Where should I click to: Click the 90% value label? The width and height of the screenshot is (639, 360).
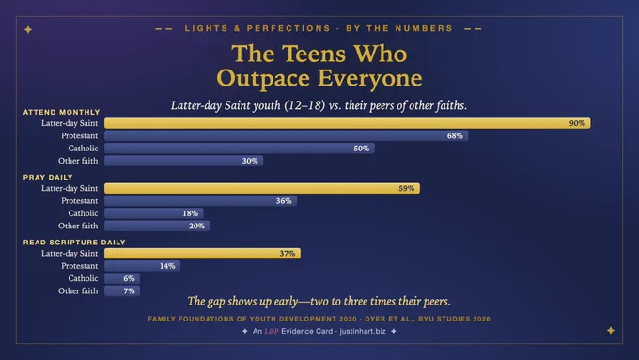[x=577, y=123]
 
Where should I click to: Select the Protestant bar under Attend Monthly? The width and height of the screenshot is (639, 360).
[x=286, y=135]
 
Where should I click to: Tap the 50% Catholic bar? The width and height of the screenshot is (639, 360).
[x=240, y=149]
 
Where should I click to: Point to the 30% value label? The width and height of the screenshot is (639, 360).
[x=250, y=161]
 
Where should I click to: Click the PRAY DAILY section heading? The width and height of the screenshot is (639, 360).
[x=48, y=178]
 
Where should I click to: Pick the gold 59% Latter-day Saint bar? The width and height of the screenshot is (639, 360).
[x=262, y=188]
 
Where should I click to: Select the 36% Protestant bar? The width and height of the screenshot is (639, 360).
[x=200, y=201]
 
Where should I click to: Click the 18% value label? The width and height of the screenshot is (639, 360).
[x=191, y=213]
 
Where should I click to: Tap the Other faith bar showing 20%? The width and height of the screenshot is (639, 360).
[x=157, y=226]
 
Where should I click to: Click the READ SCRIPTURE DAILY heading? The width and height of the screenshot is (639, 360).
[x=74, y=243]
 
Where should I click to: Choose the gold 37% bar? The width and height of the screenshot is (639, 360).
[x=203, y=254]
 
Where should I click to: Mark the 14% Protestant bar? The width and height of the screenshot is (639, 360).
[x=142, y=266]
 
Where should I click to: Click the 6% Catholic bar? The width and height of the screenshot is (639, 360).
[x=122, y=278]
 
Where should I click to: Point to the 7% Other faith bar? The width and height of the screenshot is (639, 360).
[x=122, y=291]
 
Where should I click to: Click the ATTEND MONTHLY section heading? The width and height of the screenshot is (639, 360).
[x=61, y=112]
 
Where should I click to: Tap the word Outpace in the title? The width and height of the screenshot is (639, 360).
[x=263, y=78]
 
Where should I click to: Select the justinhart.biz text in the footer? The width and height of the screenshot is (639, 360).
[x=363, y=331]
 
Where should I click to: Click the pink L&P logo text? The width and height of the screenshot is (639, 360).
[x=272, y=331]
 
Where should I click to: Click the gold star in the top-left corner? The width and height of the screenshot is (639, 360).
[x=28, y=29]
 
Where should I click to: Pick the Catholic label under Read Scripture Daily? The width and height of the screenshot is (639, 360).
[x=83, y=278]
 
